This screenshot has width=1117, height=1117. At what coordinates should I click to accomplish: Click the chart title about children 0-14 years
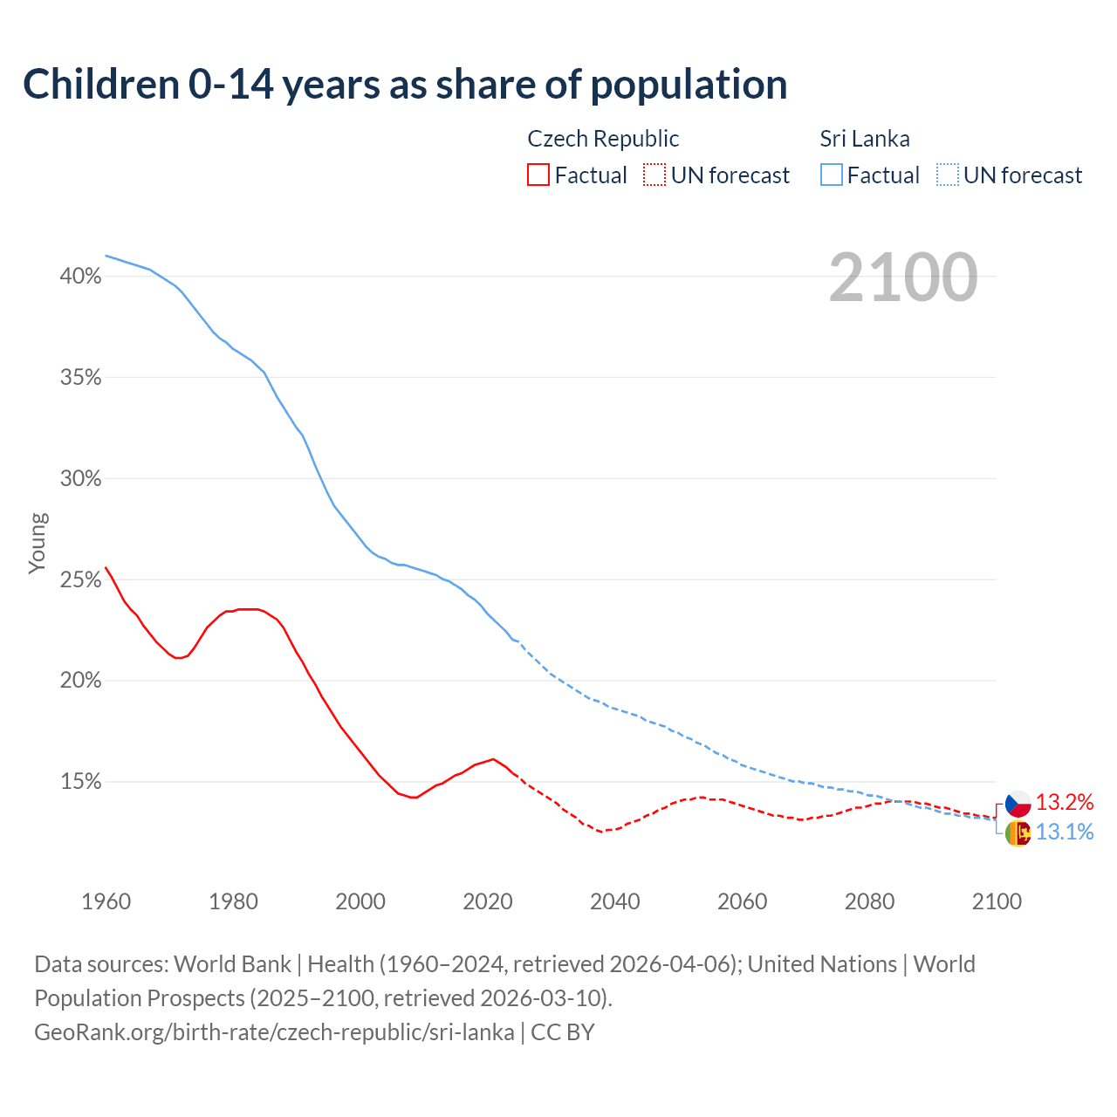pos(405,85)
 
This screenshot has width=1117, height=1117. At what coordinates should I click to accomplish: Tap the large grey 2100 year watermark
pos(903,278)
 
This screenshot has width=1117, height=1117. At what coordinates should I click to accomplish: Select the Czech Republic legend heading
pos(603,139)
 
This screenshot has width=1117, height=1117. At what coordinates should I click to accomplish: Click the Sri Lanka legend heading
pos(865,139)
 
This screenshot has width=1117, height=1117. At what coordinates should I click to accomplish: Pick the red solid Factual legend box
pos(538,175)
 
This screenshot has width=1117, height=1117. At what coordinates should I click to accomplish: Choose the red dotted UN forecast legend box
pos(654,175)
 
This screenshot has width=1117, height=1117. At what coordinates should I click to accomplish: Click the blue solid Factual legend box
pos(832,175)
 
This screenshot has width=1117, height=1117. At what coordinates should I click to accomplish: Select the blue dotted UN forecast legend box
pos(947,175)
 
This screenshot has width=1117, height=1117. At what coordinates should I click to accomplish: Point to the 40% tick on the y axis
pos(80,277)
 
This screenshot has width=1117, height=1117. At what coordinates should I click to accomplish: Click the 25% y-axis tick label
pos(80,580)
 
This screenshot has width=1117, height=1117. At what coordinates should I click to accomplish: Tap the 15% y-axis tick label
pos(80,782)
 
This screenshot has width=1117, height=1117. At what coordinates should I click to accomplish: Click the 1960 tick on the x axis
pos(106,901)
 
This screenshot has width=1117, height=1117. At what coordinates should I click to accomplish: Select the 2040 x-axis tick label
pos(614,901)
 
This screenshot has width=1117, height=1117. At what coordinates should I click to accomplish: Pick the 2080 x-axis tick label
pos(869,901)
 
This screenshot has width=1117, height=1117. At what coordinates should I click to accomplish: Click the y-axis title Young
pos(37,543)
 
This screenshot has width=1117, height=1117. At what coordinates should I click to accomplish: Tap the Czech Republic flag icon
pos(1018,804)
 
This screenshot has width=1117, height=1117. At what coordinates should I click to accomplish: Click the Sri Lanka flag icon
pos(1018,833)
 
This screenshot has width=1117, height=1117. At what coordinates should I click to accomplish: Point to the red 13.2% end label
pos(1065,803)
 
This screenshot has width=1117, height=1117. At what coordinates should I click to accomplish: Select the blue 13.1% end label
pos(1065,833)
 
